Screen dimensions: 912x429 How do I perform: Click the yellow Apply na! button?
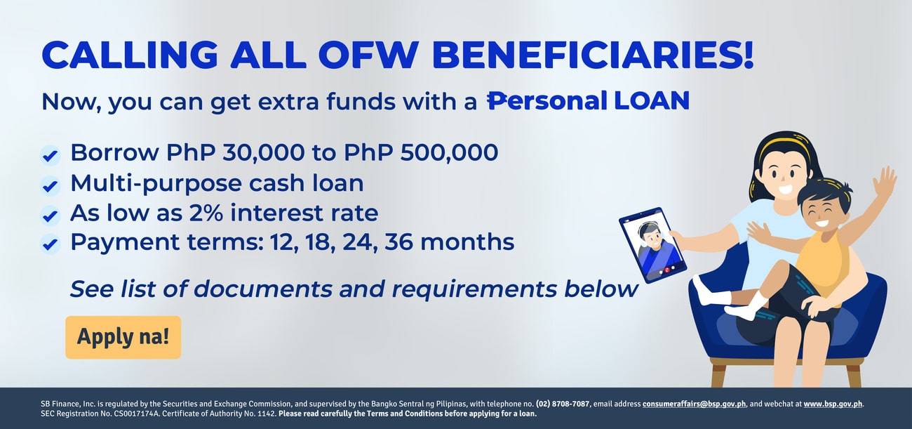click(123, 337)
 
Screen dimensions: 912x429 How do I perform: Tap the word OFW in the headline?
click(368, 54)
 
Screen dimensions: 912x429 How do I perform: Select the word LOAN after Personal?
click(652, 100)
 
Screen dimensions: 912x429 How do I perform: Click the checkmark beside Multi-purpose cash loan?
click(50, 186)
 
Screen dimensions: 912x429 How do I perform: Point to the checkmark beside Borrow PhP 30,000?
click(50, 155)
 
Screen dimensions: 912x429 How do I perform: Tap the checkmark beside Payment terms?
click(50, 244)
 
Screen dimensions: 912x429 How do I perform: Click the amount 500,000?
click(449, 153)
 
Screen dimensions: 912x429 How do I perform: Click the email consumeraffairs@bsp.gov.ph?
click(695, 404)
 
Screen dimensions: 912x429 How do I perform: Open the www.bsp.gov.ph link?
click(833, 404)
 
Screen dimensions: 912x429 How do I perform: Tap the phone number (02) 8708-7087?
click(563, 404)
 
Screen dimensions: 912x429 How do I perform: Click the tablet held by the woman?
click(652, 245)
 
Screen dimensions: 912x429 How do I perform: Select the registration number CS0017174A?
click(135, 414)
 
